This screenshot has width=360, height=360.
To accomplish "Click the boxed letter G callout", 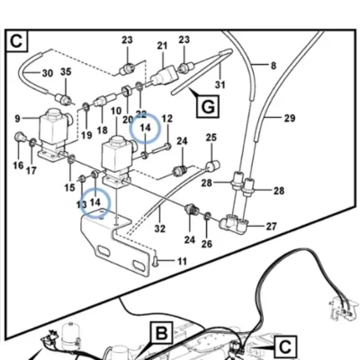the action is pyautogui.click(x=208, y=106).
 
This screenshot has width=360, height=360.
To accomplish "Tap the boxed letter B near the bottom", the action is pyautogui.click(x=162, y=333).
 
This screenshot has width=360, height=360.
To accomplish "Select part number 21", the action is pyautogui.click(x=162, y=46).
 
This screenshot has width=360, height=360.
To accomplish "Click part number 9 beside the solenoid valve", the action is pyautogui.click(x=18, y=119).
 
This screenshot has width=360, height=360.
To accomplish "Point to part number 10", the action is pyautogui.click(x=116, y=111).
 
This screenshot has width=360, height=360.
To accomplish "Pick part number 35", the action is pyautogui.click(x=66, y=72).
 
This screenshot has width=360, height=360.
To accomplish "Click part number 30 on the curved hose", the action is pyautogui.click(x=48, y=73).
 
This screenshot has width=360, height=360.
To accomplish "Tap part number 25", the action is pyautogui.click(x=211, y=138).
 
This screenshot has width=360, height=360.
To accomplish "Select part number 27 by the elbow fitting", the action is pyautogui.click(x=271, y=226).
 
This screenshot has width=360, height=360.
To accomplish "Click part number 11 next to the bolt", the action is pyautogui.click(x=182, y=261).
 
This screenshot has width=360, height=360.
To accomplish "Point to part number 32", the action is pyautogui.click(x=160, y=229).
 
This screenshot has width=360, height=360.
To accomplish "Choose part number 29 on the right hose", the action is pyautogui.click(x=290, y=118).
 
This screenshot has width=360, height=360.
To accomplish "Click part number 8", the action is pyautogui.click(x=274, y=66).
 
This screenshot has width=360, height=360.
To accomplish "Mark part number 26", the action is pyautogui.click(x=207, y=244).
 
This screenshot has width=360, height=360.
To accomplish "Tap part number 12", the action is pyautogui.click(x=167, y=119).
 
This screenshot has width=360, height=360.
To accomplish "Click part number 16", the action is pyautogui.click(x=18, y=166).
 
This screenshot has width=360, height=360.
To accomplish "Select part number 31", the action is pyautogui.click(x=220, y=85).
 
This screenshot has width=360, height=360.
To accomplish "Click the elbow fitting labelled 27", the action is pyautogui.click(x=234, y=221).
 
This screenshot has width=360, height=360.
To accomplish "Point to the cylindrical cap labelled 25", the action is pyautogui.click(x=212, y=166).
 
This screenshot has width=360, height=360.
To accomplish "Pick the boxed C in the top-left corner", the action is pyautogui.click(x=16, y=40).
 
